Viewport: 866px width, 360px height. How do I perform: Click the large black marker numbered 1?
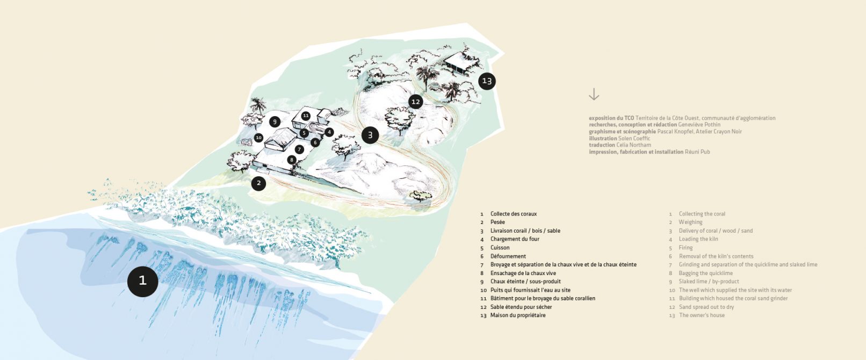tap(143, 281)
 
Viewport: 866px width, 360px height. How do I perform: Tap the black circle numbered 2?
tap(258, 183)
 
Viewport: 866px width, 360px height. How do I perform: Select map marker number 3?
tap(370, 135)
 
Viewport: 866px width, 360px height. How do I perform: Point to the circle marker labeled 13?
tap(487, 81)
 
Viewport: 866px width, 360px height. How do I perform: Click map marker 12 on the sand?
tap(416, 102)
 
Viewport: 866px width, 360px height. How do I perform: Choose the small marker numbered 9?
tap(275, 122)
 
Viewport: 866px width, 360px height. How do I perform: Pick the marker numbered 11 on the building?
tap(306, 116)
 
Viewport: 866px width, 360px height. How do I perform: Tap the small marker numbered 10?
tap(258, 137)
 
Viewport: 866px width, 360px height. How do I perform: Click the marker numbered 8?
tap(292, 160)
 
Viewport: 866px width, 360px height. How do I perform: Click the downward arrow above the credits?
tap(594, 95)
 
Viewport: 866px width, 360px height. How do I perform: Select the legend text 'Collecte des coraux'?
tap(514, 214)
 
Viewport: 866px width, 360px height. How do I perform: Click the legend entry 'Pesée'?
tap(497, 222)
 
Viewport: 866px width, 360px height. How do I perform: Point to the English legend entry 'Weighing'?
tap(690, 222)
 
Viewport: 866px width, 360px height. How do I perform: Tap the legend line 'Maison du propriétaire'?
tap(518, 315)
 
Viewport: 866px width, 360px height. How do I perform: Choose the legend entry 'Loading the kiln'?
tap(698, 239)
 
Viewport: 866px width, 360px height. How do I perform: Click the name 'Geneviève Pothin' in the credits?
tap(699, 125)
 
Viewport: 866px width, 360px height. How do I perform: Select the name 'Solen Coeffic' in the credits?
tap(634, 139)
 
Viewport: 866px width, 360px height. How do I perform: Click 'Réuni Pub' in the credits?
tap(697, 152)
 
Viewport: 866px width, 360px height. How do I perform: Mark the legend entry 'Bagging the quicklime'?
tap(705, 273)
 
